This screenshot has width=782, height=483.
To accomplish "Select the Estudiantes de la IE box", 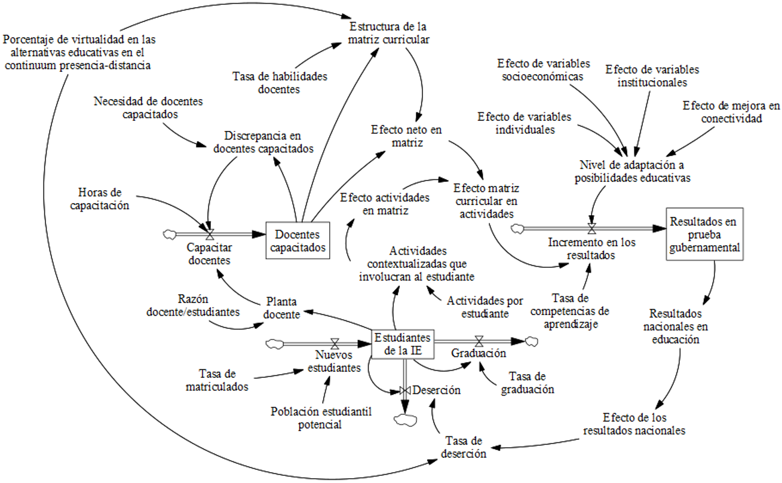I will pyautogui.click(x=402, y=343).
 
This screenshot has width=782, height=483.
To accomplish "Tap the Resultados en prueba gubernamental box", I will pyautogui.click(x=705, y=234).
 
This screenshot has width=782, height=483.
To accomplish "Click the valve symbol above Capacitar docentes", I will pyautogui.click(x=209, y=233).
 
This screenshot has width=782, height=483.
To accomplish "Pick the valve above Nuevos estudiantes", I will pyautogui.click(x=335, y=343).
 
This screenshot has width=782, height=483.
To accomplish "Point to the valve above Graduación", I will pyautogui.click(x=479, y=341).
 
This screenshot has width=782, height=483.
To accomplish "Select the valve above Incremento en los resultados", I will pyautogui.click(x=591, y=228).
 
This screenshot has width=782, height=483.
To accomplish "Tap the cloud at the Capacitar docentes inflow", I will pyautogui.click(x=169, y=233).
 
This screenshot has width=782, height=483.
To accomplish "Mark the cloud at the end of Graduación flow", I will pyautogui.click(x=531, y=341).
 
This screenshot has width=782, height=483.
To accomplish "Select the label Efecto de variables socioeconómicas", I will pyautogui.click(x=542, y=69).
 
